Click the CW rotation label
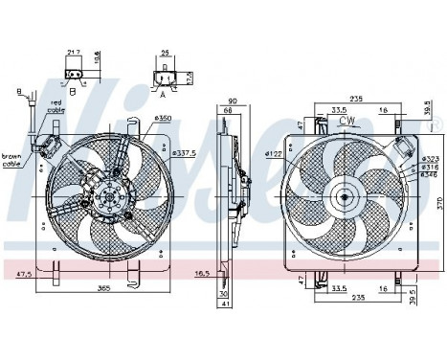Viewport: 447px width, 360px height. [x=347, y=122]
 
